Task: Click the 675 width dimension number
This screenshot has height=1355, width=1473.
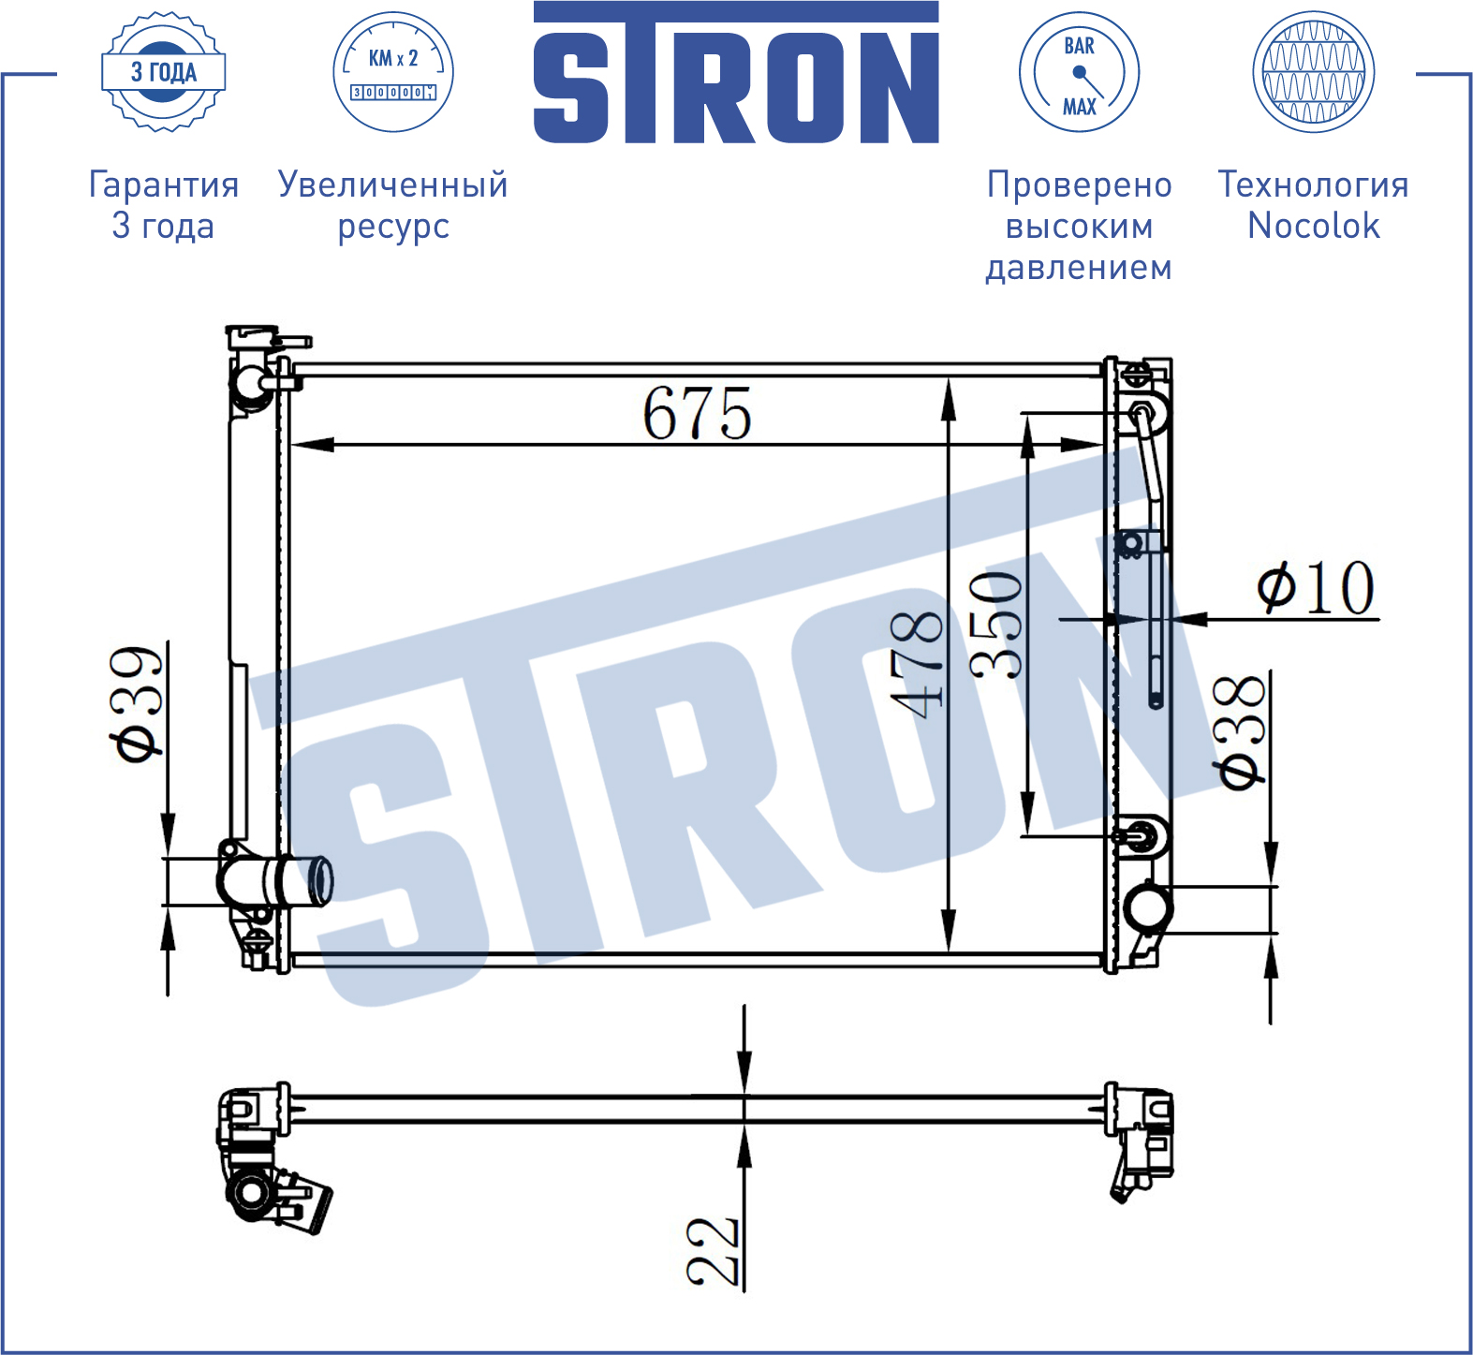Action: tap(697, 413)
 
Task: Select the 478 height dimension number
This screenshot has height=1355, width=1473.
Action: tap(917, 664)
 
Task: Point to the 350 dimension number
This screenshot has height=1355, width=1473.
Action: tap(996, 625)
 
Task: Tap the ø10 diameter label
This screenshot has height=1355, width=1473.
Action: tap(1316, 588)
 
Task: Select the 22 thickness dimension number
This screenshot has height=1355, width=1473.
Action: tap(713, 1250)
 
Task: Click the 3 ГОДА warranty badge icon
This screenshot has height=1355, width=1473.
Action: tap(164, 72)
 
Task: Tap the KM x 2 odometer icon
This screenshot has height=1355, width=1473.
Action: tap(393, 72)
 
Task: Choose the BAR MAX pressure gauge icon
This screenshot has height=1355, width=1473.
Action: tap(1079, 72)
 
